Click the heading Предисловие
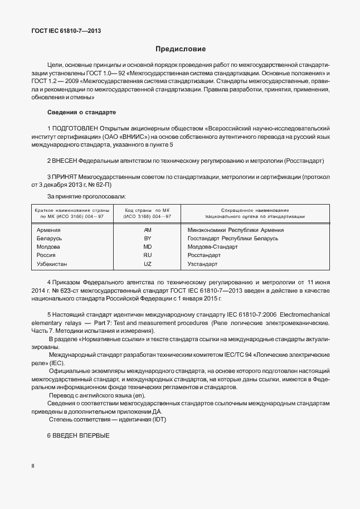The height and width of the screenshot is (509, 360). pyautogui.click(x=180, y=49)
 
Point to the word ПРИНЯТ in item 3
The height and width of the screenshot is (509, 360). pyautogui.click(x=65, y=177)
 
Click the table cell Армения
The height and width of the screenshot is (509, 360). pyautogui.click(x=48, y=230)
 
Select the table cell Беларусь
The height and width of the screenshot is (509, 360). pyautogui.click(x=49, y=238)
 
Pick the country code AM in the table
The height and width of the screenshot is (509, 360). pyautogui.click(x=147, y=230)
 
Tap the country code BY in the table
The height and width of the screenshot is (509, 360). pyautogui.click(x=147, y=238)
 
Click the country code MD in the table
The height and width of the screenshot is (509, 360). pyautogui.click(x=147, y=246)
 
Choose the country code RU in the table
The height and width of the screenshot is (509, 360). pyautogui.click(x=147, y=255)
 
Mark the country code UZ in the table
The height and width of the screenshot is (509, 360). pyautogui.click(x=147, y=264)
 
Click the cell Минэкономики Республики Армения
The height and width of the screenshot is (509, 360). pyautogui.click(x=236, y=230)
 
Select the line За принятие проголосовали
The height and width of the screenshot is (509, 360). pyautogui.click(x=86, y=196)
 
